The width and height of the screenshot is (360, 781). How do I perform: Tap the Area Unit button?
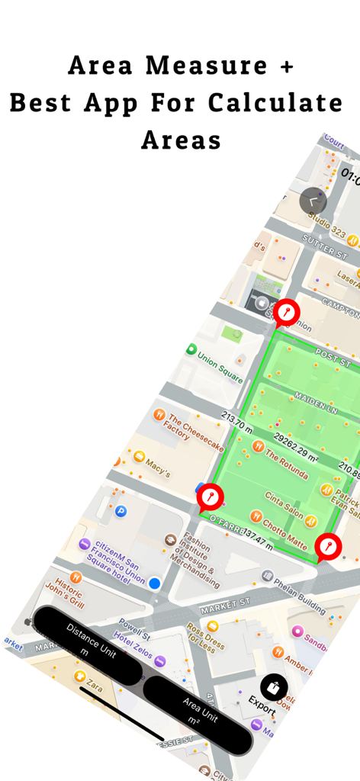(198, 713)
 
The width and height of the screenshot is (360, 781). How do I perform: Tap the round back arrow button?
(313, 201)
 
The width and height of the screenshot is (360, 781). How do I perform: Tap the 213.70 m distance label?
(236, 421)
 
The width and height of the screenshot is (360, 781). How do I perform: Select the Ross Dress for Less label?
(204, 639)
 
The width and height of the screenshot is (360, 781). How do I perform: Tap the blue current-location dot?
(154, 583)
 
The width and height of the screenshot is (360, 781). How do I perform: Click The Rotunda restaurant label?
(287, 464)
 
